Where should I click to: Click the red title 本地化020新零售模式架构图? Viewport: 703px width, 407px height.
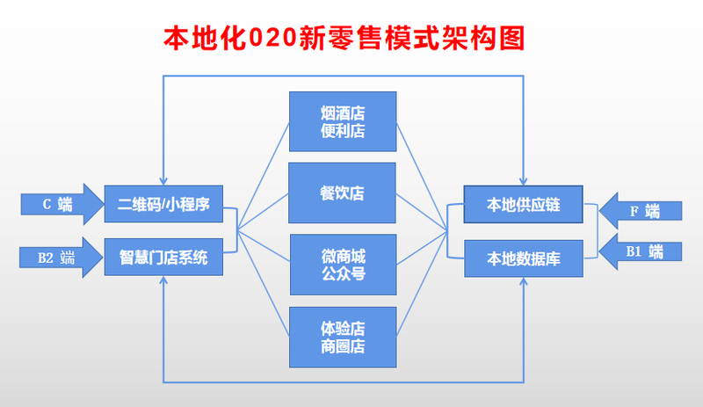pos(344,38)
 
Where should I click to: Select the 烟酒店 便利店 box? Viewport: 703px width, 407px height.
pos(343,121)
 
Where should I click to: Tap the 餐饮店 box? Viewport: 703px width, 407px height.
pos(342,193)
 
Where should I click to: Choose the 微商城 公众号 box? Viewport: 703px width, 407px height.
pos(344,265)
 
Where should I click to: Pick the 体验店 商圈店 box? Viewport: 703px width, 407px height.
pos(343,337)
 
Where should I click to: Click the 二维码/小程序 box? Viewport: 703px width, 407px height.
pos(163,204)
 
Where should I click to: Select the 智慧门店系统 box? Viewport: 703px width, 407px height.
pos(163,258)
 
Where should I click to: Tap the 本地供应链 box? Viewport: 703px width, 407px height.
pos(523,204)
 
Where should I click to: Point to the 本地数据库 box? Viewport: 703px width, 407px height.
pos(524,258)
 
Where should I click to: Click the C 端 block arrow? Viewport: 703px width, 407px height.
pos(62,204)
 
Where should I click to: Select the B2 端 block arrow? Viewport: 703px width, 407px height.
pos(62,258)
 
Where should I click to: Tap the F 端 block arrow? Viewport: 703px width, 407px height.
pos(641,211)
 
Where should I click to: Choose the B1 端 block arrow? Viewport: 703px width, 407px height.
pos(641,251)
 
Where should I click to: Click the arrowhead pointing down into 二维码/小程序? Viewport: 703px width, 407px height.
pos(163,181)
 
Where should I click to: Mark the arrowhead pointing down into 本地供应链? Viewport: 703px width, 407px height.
pos(523,181)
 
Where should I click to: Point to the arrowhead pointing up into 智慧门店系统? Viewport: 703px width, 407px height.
pos(163,280)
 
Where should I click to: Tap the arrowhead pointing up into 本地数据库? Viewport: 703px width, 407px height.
pos(523,282)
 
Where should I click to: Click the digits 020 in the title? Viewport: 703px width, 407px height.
pos(272,38)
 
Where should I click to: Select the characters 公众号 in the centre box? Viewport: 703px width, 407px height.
pos(344,273)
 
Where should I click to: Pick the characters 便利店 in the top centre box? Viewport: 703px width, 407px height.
pos(343,131)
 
